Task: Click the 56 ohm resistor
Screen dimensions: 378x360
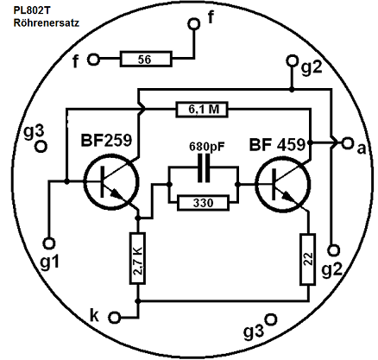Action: click(x=146, y=60)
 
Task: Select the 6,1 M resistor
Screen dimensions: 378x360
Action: click(x=202, y=110)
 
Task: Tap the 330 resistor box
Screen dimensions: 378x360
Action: click(x=203, y=203)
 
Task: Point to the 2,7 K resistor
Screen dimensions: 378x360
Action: click(x=137, y=258)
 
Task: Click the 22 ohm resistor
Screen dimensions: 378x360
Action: click(x=308, y=259)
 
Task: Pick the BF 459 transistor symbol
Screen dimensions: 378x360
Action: click(x=283, y=185)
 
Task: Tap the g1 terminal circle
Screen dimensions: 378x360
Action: click(x=49, y=243)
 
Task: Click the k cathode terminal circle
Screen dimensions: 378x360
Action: click(x=115, y=318)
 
